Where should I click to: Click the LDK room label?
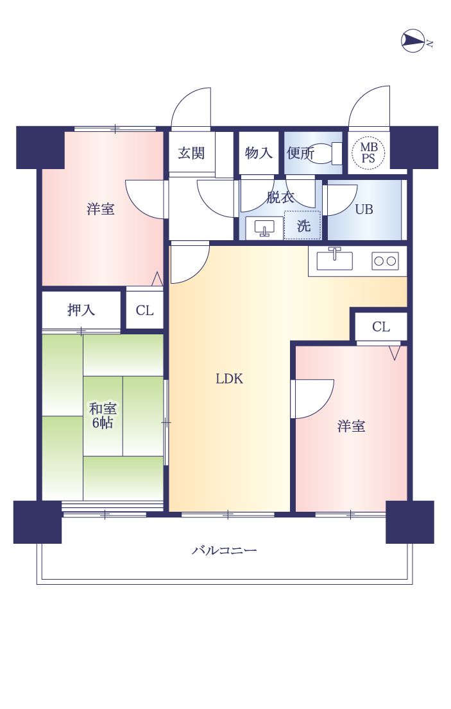229,379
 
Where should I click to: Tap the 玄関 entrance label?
191,153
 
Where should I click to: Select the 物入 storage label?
259,153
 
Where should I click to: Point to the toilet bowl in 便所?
325,154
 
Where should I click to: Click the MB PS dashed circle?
369,153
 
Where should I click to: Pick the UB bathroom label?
364,209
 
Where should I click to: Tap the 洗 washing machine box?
303,225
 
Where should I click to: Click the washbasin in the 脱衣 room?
264,227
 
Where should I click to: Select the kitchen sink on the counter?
334,260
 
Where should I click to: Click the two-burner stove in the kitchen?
385,261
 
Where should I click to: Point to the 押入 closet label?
81,310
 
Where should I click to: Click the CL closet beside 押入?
144,311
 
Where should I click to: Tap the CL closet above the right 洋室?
381,327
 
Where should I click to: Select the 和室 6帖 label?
103,415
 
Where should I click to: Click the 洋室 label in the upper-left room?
101,209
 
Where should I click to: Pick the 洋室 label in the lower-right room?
352,426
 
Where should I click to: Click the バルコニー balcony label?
225,550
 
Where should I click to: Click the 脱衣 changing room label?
280,197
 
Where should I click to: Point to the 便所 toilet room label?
300,153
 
